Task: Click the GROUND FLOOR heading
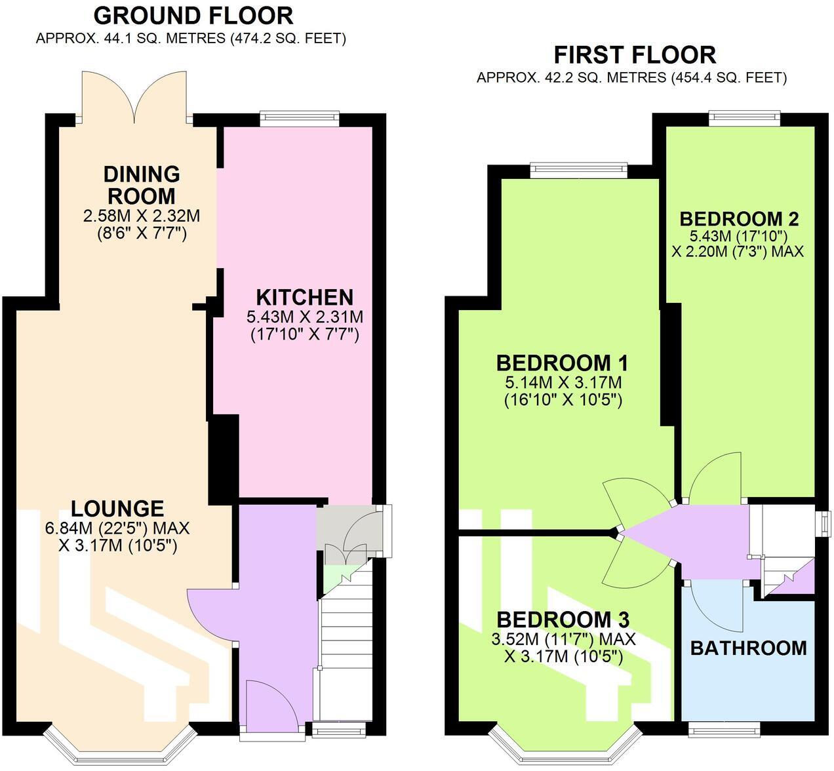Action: coord(193,15)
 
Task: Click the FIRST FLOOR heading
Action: coord(635,54)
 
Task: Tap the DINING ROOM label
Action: coord(142,185)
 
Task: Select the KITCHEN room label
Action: coord(304,297)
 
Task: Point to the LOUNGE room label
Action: coord(117,509)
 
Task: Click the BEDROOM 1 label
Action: coord(562,363)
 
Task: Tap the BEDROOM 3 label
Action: coord(563,620)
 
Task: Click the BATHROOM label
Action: coord(748,648)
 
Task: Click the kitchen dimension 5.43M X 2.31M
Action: coord(304,317)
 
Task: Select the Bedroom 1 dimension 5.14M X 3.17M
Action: coord(563,383)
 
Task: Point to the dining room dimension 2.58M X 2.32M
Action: coord(142,215)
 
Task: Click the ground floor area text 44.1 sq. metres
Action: coord(191,39)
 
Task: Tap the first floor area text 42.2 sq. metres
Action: coord(631,78)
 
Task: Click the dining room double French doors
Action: coord(134,98)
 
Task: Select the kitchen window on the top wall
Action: coord(299,119)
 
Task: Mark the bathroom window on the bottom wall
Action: coord(724,728)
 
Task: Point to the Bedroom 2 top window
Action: coord(744,118)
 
